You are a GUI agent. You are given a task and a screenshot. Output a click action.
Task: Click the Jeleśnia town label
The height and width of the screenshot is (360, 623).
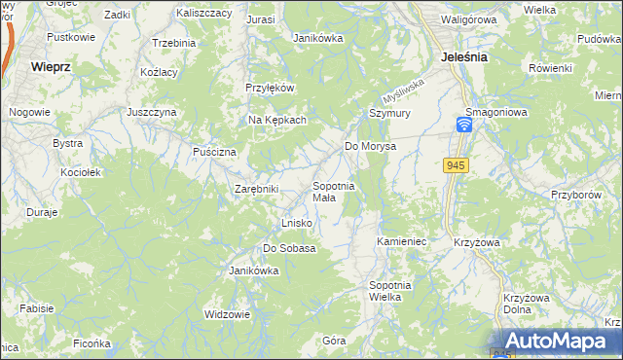(463, 57)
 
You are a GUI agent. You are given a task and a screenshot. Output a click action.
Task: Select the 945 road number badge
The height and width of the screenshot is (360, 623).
(458, 166)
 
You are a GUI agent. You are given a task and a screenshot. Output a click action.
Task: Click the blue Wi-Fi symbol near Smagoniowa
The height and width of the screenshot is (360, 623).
(465, 126)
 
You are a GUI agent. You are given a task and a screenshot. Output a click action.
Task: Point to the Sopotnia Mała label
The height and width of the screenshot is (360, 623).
(333, 192)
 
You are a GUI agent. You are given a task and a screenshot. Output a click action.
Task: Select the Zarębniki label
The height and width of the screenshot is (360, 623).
(256, 189)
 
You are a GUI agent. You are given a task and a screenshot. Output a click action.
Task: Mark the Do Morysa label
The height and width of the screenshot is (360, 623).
(371, 147)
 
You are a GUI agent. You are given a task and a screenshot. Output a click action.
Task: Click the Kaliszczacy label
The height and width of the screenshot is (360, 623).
(204, 14)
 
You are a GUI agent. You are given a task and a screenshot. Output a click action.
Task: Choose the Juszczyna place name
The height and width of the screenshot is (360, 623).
(151, 112)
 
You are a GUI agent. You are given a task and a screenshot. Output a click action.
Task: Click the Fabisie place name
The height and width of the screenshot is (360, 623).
(36, 308)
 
